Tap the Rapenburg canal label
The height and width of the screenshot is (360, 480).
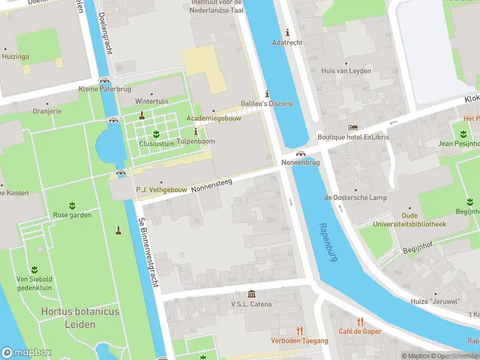(329, 242)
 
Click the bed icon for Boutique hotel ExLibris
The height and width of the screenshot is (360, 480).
(353, 128)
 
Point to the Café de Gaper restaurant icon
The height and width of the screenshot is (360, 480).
(360, 322)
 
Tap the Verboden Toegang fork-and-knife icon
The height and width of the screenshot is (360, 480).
(299, 331)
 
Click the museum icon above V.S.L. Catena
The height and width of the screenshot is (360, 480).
(251, 294)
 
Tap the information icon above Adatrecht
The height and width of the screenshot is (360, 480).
(287, 32)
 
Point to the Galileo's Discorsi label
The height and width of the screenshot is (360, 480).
(267, 103)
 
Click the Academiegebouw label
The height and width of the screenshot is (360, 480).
(214, 118)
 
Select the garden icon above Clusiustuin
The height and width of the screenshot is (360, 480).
(156, 133)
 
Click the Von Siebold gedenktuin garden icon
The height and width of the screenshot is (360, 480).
(34, 269)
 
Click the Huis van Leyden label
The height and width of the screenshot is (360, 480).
(346, 70)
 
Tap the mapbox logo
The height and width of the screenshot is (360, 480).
(26, 353)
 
